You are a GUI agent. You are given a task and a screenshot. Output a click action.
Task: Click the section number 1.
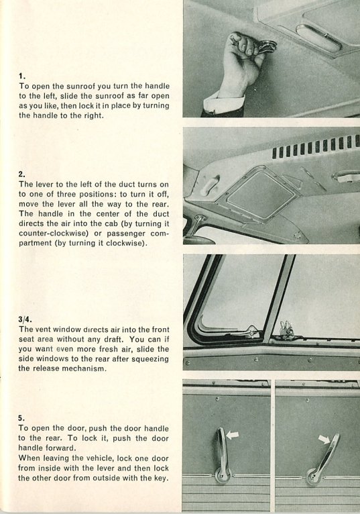[21, 76]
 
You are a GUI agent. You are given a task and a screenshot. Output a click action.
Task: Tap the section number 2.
[22, 174]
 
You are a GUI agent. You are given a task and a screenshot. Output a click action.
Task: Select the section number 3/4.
[25, 319]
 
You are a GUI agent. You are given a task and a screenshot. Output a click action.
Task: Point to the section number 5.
[21, 418]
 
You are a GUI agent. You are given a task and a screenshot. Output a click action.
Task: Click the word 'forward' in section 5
[61, 448]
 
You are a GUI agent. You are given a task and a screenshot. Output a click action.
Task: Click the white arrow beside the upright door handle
[233, 435]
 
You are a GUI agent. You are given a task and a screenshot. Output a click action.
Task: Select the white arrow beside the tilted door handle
[324, 440]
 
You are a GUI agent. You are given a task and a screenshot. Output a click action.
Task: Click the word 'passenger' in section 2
[126, 234]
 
